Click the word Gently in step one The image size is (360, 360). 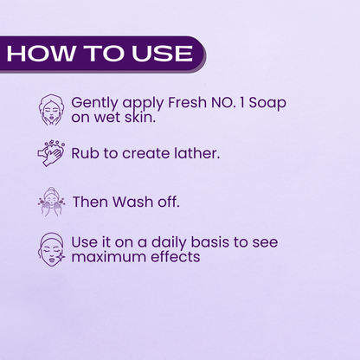[x=94, y=103]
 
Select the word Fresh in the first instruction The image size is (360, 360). [x=187, y=102]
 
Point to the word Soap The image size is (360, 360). [x=267, y=103]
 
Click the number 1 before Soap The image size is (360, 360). [x=241, y=103]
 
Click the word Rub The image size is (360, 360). [x=86, y=153]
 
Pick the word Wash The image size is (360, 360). [x=132, y=202]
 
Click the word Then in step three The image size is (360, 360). [x=90, y=202]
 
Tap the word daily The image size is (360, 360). [x=169, y=243]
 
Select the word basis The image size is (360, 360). [x=209, y=241]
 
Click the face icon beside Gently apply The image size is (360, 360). [x=51, y=110]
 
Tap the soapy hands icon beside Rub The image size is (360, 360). [x=51, y=153]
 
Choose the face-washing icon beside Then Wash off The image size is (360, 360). [x=51, y=202]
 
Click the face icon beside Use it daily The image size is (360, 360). [x=51, y=250]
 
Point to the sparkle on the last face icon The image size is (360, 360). [x=61, y=256]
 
